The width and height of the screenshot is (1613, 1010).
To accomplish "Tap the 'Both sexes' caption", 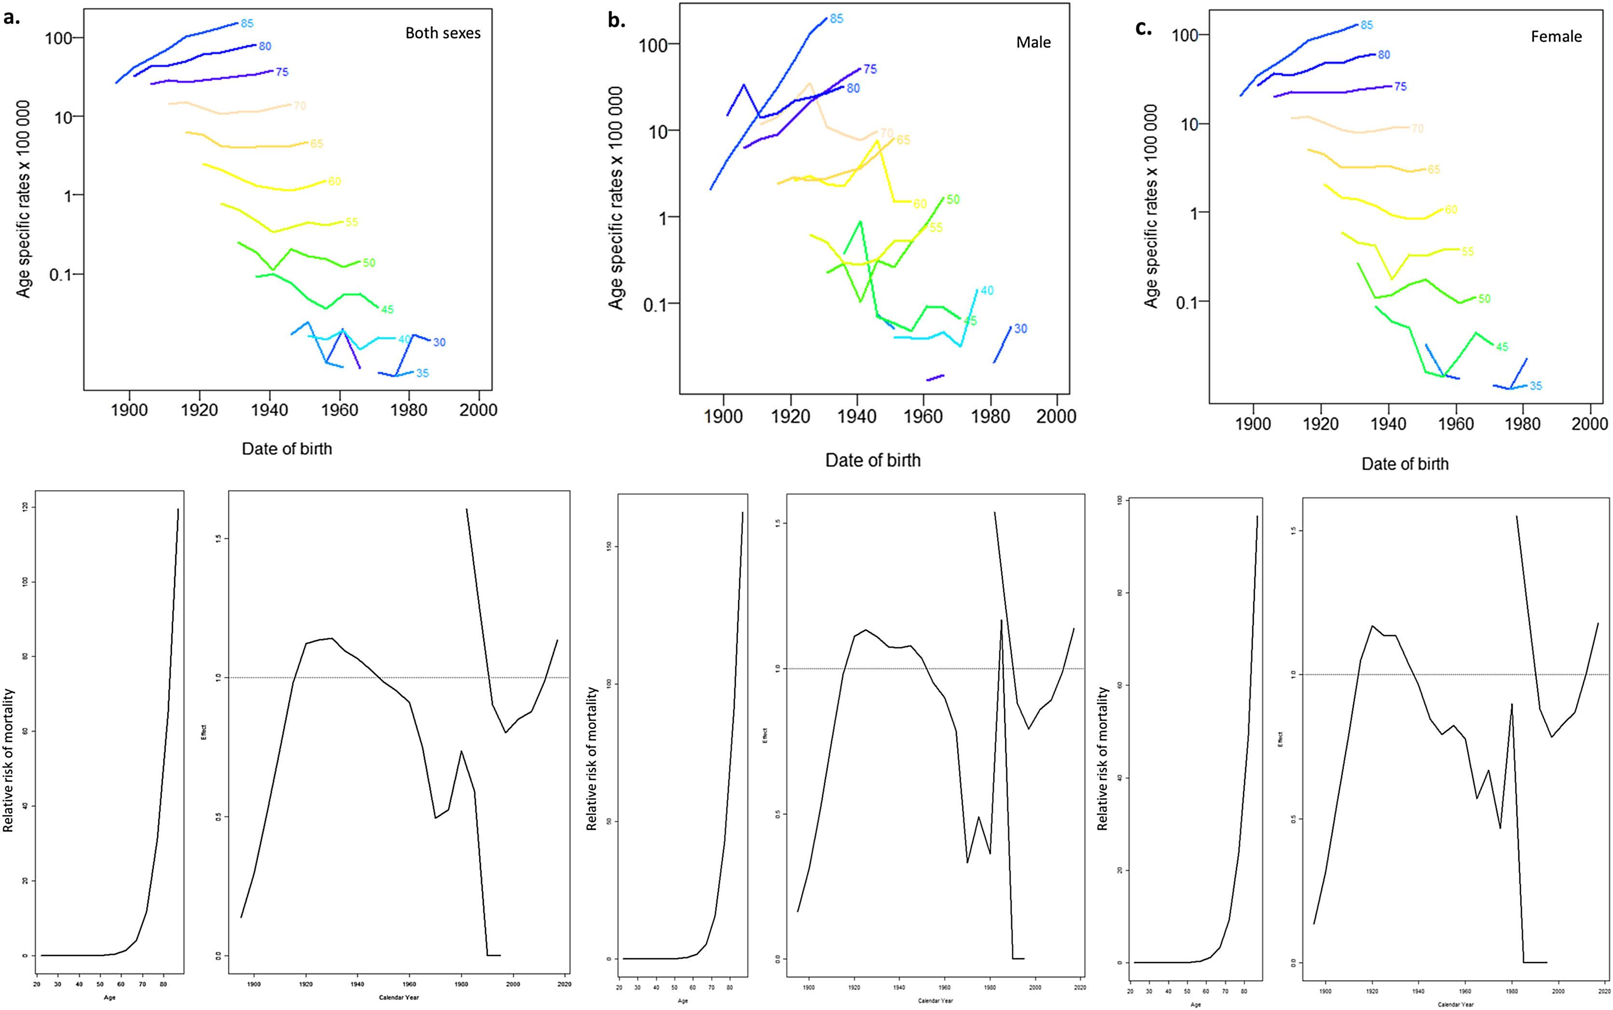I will pyautogui.click(x=443, y=33).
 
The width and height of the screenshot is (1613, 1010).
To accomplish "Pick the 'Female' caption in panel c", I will pyautogui.click(x=1556, y=37).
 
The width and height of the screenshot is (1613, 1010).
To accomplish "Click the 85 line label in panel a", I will pyautogui.click(x=247, y=23).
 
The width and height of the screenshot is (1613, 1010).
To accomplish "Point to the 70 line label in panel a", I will pyautogui.click(x=299, y=106).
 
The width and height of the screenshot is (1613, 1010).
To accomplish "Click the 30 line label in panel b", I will pyautogui.click(x=1020, y=329).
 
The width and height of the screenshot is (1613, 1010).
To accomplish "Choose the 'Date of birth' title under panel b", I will pyautogui.click(x=873, y=460).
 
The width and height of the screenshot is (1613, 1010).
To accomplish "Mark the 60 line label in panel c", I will pyautogui.click(x=1451, y=210).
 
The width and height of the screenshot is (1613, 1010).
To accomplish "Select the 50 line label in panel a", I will pyautogui.click(x=369, y=263).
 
